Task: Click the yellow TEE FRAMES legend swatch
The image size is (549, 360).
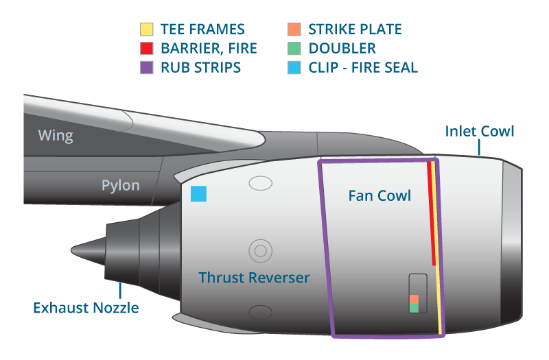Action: click(146, 29)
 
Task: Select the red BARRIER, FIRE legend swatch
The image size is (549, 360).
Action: click(146, 49)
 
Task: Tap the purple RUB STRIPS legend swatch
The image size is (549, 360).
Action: click(146, 67)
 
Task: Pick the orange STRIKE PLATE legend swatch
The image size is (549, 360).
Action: click(294, 29)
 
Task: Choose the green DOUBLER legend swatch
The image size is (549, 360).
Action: click(294, 49)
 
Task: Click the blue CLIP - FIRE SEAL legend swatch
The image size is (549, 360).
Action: click(294, 67)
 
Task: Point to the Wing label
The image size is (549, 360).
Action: click(56, 135)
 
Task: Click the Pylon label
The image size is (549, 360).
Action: click(120, 185)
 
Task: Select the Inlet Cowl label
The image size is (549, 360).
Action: click(479, 131)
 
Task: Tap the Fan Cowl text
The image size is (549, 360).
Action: click(379, 195)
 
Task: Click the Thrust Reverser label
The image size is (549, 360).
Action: click(254, 278)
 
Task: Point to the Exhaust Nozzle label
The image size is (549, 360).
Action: click(86, 308)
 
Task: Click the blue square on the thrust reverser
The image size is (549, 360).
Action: click(198, 194)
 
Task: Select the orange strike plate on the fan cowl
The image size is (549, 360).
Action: click(414, 300)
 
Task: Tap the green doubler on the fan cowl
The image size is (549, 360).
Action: click(414, 309)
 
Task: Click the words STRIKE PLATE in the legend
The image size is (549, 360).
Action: click(355, 29)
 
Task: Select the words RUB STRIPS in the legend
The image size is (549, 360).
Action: click(200, 67)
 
